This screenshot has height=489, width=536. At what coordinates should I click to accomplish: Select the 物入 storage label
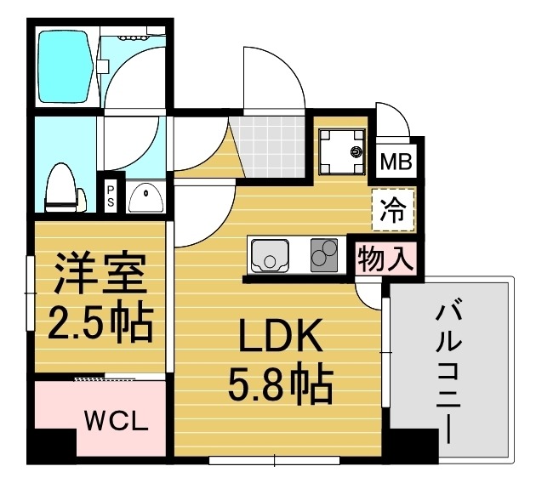pyautogui.click(x=385, y=258)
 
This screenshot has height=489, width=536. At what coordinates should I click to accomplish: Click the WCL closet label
pyautogui.click(x=117, y=420)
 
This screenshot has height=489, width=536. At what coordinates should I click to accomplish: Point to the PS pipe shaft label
pyautogui.click(x=111, y=196)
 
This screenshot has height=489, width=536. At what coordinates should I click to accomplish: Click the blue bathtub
pyautogui.click(x=66, y=65)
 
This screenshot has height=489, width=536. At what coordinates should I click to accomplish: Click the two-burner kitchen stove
pyautogui.click(x=324, y=253)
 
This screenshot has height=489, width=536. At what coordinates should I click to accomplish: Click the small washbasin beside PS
pyautogui.click(x=145, y=198)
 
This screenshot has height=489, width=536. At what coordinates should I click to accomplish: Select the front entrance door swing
pyautogui.click(x=272, y=81)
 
